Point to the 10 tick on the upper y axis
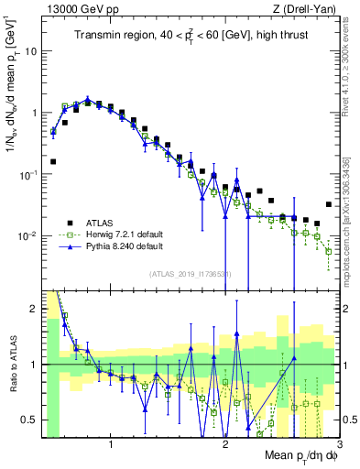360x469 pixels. tap(30, 51)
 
